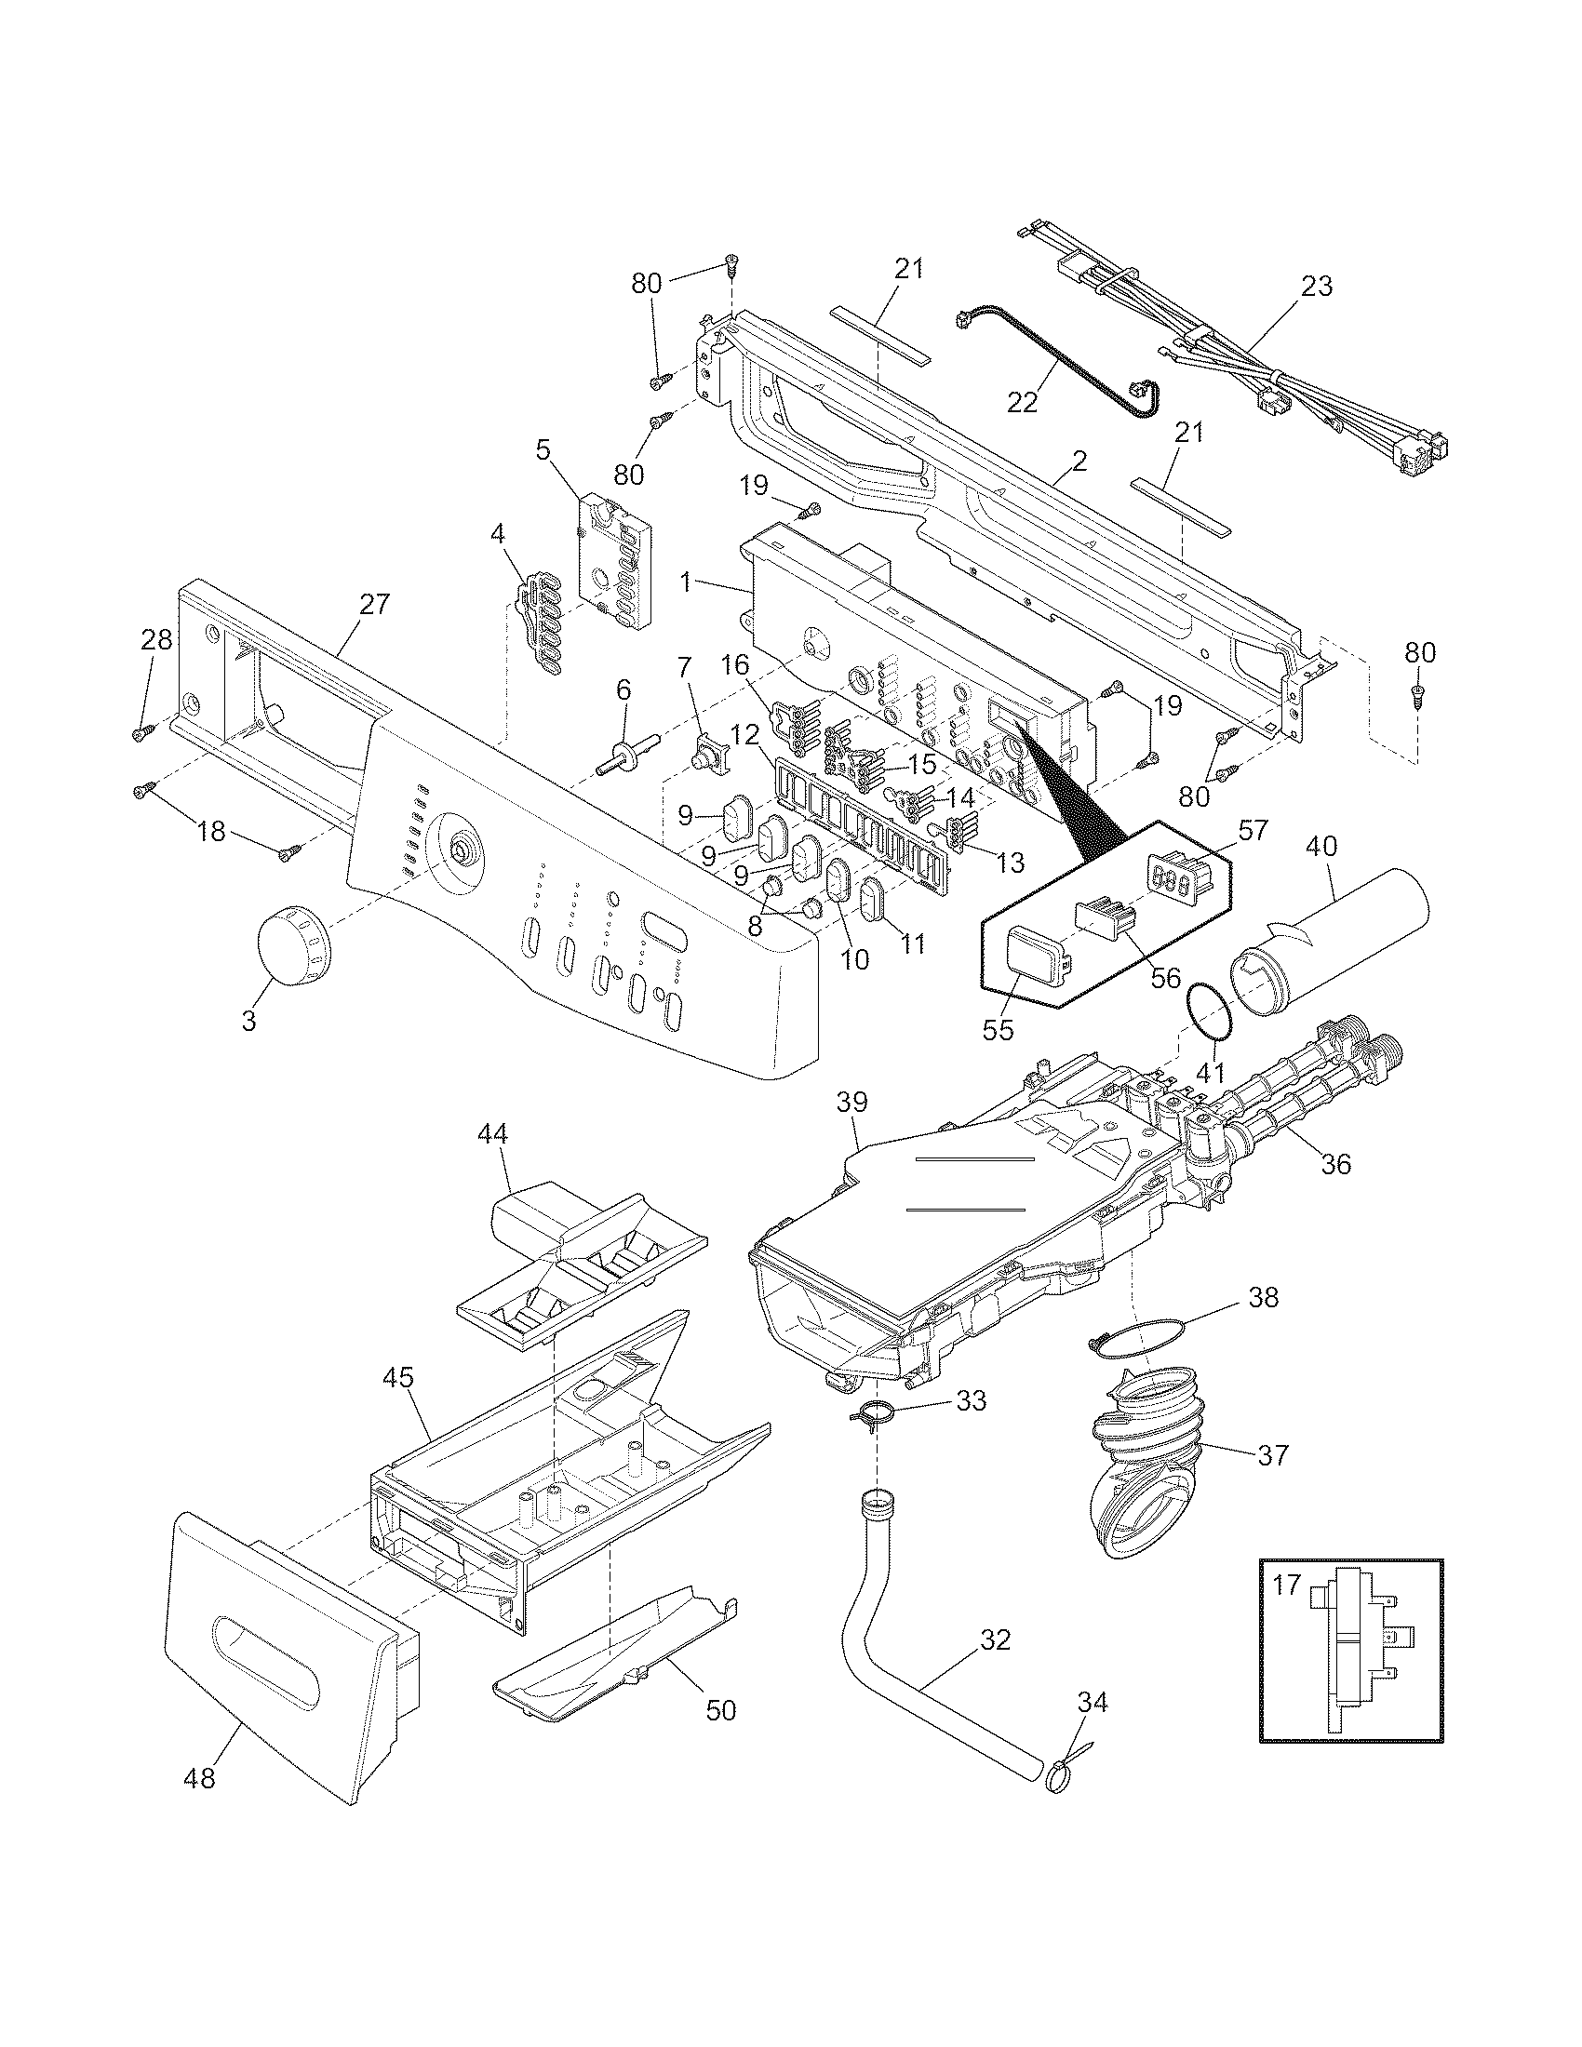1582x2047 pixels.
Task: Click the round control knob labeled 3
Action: click(x=290, y=944)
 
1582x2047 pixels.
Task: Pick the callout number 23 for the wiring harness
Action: click(x=1316, y=286)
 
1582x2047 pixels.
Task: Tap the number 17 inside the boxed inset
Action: click(x=1287, y=1585)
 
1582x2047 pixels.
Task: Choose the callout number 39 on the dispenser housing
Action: click(x=853, y=1101)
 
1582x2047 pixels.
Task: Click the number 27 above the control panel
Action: click(x=373, y=605)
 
